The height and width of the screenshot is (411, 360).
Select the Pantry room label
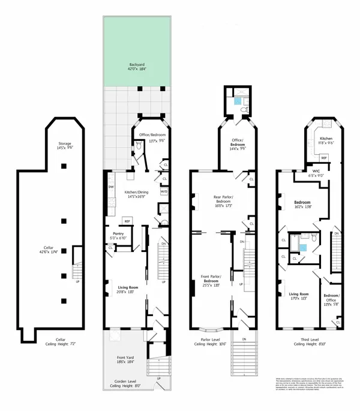point(118,236)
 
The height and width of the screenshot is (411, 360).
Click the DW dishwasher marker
point(112,187)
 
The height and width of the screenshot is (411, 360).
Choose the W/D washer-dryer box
point(164,191)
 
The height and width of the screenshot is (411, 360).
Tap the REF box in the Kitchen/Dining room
point(127,220)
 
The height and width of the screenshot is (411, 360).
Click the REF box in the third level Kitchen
point(323,158)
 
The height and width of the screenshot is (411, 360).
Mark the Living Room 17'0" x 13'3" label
point(298,296)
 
